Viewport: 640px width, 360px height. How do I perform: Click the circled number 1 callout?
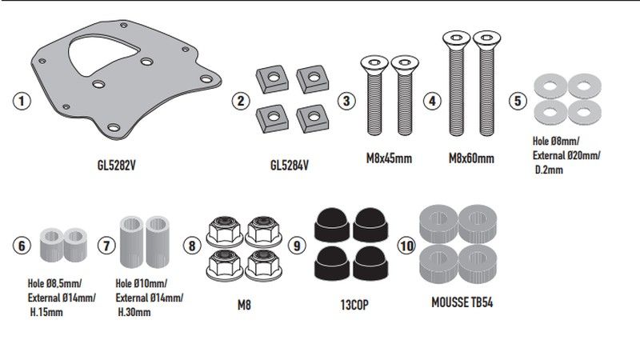click(22, 101)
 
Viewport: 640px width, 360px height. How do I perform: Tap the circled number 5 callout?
click(518, 101)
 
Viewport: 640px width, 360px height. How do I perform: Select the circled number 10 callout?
click(406, 246)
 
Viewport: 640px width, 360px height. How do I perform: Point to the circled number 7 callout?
click(106, 246)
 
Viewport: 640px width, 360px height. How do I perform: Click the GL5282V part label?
click(116, 166)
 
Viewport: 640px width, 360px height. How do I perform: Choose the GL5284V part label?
click(290, 166)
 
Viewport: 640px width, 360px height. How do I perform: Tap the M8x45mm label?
click(389, 158)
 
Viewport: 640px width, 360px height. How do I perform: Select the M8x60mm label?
click(471, 158)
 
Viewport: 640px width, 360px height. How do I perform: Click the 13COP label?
click(354, 305)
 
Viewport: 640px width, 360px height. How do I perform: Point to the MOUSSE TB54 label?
click(462, 302)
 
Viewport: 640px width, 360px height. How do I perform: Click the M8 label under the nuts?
click(244, 305)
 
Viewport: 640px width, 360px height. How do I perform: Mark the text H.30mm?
click(134, 312)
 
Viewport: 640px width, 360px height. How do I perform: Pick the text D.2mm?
click(549, 170)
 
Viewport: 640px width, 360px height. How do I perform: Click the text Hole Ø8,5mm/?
click(54, 283)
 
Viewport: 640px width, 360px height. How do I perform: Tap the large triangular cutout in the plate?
click(100, 54)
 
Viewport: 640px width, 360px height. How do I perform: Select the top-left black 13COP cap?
click(332, 225)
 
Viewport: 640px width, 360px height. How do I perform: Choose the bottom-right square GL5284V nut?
click(313, 118)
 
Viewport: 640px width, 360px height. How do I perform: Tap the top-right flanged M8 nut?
click(264, 232)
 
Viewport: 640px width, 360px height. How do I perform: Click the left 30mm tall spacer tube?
click(131, 242)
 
